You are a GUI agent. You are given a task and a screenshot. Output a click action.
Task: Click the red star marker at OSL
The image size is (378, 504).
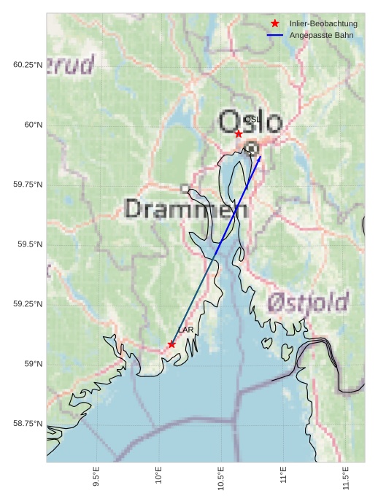point(239,133)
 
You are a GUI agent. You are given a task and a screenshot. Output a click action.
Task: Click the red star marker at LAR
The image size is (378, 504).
point(171,344)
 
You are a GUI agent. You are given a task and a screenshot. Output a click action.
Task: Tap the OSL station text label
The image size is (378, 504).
point(252,119)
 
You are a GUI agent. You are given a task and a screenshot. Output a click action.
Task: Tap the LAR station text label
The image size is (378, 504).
point(186,330)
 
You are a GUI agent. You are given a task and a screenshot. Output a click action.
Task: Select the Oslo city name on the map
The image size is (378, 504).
point(250,121)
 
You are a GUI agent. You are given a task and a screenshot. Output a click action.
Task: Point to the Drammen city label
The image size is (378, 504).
point(186,209)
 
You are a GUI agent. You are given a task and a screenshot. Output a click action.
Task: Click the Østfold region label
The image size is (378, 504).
point(307,302)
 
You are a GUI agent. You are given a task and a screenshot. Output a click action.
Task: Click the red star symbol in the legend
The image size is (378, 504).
point(275,24)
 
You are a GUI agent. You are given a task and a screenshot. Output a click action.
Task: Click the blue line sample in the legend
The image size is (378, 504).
point(275,35)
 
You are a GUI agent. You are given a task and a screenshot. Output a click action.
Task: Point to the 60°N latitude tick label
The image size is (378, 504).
point(28,125)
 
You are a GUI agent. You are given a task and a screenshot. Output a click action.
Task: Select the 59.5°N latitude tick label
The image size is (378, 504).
point(26,244)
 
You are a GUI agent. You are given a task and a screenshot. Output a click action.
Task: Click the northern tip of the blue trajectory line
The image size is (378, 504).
point(261,155)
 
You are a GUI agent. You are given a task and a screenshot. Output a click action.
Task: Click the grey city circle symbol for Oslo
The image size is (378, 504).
point(252,148)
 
